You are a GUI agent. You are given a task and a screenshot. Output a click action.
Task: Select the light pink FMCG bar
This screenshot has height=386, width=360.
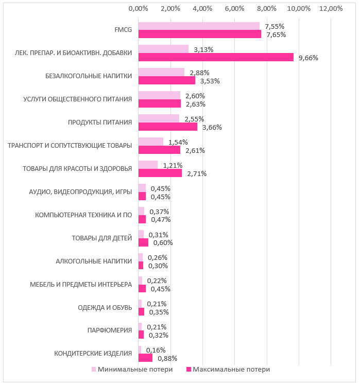[199, 26]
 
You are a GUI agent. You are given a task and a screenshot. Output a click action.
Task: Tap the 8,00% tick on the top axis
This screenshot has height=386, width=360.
[267, 9]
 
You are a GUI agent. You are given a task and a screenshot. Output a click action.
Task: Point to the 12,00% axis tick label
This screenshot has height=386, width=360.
[331, 9]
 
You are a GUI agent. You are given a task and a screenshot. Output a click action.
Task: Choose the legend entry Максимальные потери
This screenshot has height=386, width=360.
[228, 369]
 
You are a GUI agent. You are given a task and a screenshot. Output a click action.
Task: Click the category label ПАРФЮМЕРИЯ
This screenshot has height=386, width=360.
[110, 330]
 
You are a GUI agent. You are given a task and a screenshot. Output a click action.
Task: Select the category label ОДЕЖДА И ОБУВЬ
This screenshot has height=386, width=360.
[105, 307]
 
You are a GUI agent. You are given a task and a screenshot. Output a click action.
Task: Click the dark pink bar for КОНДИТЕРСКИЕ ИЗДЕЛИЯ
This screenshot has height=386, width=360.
[145, 358]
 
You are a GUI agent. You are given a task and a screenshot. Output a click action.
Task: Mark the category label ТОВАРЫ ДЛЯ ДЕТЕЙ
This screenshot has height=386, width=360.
[101, 238]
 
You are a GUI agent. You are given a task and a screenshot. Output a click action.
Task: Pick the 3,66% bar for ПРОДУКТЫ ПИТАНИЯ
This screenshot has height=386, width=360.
[167, 127]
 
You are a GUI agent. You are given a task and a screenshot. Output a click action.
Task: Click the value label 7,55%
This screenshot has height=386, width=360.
[275, 26]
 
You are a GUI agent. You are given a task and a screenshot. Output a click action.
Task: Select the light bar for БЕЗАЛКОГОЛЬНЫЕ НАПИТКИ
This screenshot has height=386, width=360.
[161, 73]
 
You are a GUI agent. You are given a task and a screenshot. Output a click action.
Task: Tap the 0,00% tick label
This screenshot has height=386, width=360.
[138, 9]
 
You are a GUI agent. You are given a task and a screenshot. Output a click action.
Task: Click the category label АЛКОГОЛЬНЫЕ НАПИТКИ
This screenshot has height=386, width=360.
[94, 261]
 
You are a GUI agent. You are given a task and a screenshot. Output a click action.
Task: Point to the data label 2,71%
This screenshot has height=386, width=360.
[197, 173]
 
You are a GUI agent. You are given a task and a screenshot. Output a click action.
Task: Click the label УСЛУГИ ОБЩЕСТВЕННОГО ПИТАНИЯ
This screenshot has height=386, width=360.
[78, 99]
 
